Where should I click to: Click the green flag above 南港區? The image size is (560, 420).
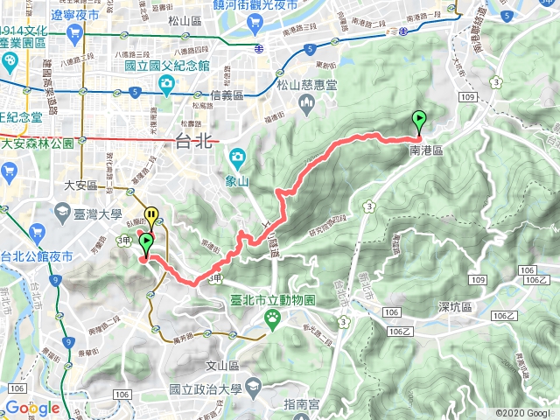419,121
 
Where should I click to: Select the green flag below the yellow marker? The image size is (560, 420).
145,243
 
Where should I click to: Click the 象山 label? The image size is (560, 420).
238,180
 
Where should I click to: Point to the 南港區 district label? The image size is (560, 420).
426,150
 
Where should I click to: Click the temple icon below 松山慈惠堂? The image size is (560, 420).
307,106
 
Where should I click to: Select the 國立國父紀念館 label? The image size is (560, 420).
166,65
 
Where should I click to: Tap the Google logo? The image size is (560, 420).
31,408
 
